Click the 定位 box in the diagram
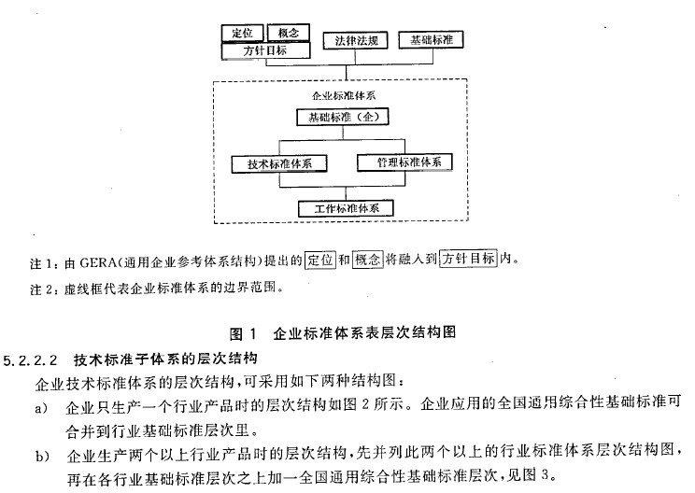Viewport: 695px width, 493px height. (243, 33)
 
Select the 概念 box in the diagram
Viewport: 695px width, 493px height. (289, 33)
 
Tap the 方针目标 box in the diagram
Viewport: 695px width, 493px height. (265, 50)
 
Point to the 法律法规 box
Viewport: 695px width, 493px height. (356, 41)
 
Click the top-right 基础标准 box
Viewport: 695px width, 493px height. (432, 40)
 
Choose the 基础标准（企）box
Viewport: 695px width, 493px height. (343, 117)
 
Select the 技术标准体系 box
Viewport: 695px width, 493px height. (279, 164)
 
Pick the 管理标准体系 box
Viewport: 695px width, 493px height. (405, 162)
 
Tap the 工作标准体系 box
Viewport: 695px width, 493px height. (347, 208)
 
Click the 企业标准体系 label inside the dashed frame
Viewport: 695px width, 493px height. (344, 95)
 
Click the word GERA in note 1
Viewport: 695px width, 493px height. (95, 263)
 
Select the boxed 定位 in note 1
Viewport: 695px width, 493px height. (320, 260)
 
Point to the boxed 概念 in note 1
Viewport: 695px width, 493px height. (367, 260)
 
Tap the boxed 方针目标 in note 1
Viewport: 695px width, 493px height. (468, 259)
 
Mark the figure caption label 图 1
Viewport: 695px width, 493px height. (243, 333)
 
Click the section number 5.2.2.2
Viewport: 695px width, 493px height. (30, 359)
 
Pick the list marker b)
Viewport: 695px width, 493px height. (42, 456)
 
